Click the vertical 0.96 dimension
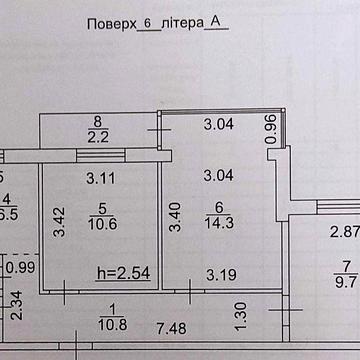tap(271, 130)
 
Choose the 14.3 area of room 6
tap(214, 225)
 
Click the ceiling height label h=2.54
tap(123, 271)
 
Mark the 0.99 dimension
tap(20, 268)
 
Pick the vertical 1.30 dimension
tap(240, 315)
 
